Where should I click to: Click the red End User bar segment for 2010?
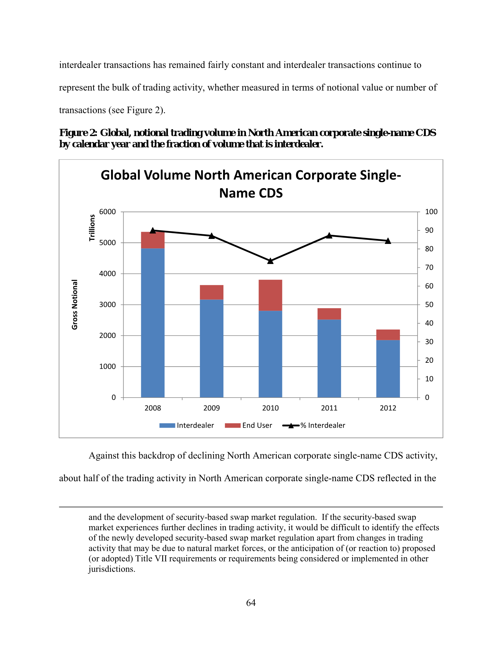270,295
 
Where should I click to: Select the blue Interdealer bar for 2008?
153,323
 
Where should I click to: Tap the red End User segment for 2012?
388,335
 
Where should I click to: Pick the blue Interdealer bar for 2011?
329,359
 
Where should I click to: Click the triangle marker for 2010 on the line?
270,261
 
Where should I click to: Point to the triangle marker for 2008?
153,230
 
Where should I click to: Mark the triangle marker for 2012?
388,241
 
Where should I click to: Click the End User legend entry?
248,425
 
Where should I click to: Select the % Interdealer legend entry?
314,425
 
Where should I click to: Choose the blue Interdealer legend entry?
187,425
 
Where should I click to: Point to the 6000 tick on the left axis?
108,212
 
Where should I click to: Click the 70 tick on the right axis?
429,267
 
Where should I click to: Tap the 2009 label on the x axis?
211,408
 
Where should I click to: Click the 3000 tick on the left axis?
108,305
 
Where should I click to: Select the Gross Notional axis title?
75,304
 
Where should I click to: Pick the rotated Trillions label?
92,228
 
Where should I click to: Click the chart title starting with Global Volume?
251,184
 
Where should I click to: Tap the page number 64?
251,603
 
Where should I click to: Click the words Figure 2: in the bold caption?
78,133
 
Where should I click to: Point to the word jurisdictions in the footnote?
112,569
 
